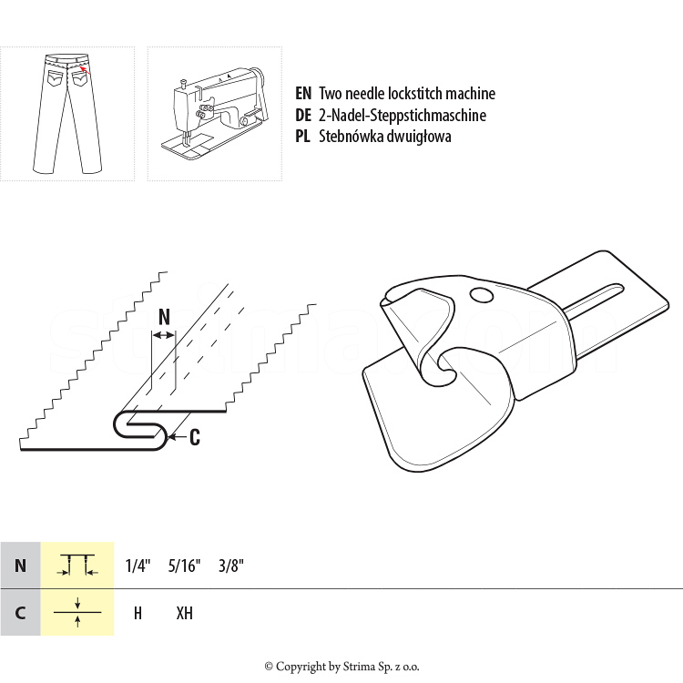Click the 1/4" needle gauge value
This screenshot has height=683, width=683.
click(138, 566)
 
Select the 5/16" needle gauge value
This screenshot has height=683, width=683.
click(184, 566)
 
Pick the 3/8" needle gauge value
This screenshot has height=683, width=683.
click(231, 566)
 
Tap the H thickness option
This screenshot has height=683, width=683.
click(138, 613)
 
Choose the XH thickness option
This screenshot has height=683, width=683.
click(184, 613)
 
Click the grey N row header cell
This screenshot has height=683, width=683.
click(20, 566)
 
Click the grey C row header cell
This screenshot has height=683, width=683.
click(20, 613)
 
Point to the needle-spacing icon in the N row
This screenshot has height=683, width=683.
click(77, 565)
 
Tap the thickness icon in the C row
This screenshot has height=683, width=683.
click(77, 612)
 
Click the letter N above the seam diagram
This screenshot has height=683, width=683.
click(164, 317)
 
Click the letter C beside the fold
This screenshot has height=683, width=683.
click(195, 437)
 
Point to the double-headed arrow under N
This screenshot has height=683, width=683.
click(163, 335)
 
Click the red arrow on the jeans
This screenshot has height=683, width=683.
click(86, 70)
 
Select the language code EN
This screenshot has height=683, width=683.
click(303, 93)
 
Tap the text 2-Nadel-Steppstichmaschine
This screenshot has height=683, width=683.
click(403, 115)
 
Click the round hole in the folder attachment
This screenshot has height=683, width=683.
click(482, 295)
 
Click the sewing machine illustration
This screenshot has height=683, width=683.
click(214, 113)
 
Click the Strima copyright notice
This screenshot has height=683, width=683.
click(341, 667)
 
